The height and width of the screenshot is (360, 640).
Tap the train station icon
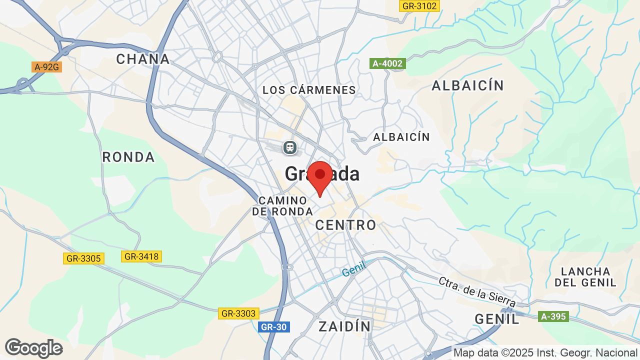click(x=290, y=147)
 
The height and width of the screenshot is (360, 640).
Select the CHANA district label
click(x=143, y=59)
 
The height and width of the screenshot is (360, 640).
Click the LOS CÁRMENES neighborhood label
click(x=309, y=90)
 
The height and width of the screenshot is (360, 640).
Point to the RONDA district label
click(x=128, y=157)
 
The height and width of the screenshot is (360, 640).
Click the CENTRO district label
click(x=345, y=225)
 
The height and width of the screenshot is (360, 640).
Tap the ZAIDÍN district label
click(x=345, y=326)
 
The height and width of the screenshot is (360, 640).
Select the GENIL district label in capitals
click(x=497, y=318)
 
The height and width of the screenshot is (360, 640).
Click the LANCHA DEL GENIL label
click(x=585, y=277)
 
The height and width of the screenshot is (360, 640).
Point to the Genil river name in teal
click(x=354, y=269)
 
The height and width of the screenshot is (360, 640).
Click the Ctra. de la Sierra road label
click(x=477, y=291)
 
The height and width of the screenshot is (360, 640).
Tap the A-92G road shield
click(x=46, y=66)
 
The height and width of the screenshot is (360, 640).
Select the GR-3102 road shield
click(x=419, y=6)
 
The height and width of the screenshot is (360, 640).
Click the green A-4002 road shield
click(x=387, y=63)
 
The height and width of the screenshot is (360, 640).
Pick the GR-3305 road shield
click(x=83, y=258)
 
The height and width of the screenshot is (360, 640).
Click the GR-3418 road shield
click(x=141, y=256)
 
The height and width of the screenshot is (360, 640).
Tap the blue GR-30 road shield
click(x=274, y=327)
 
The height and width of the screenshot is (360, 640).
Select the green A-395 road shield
click(x=553, y=316)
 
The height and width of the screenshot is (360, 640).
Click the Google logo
click(x=33, y=348)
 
